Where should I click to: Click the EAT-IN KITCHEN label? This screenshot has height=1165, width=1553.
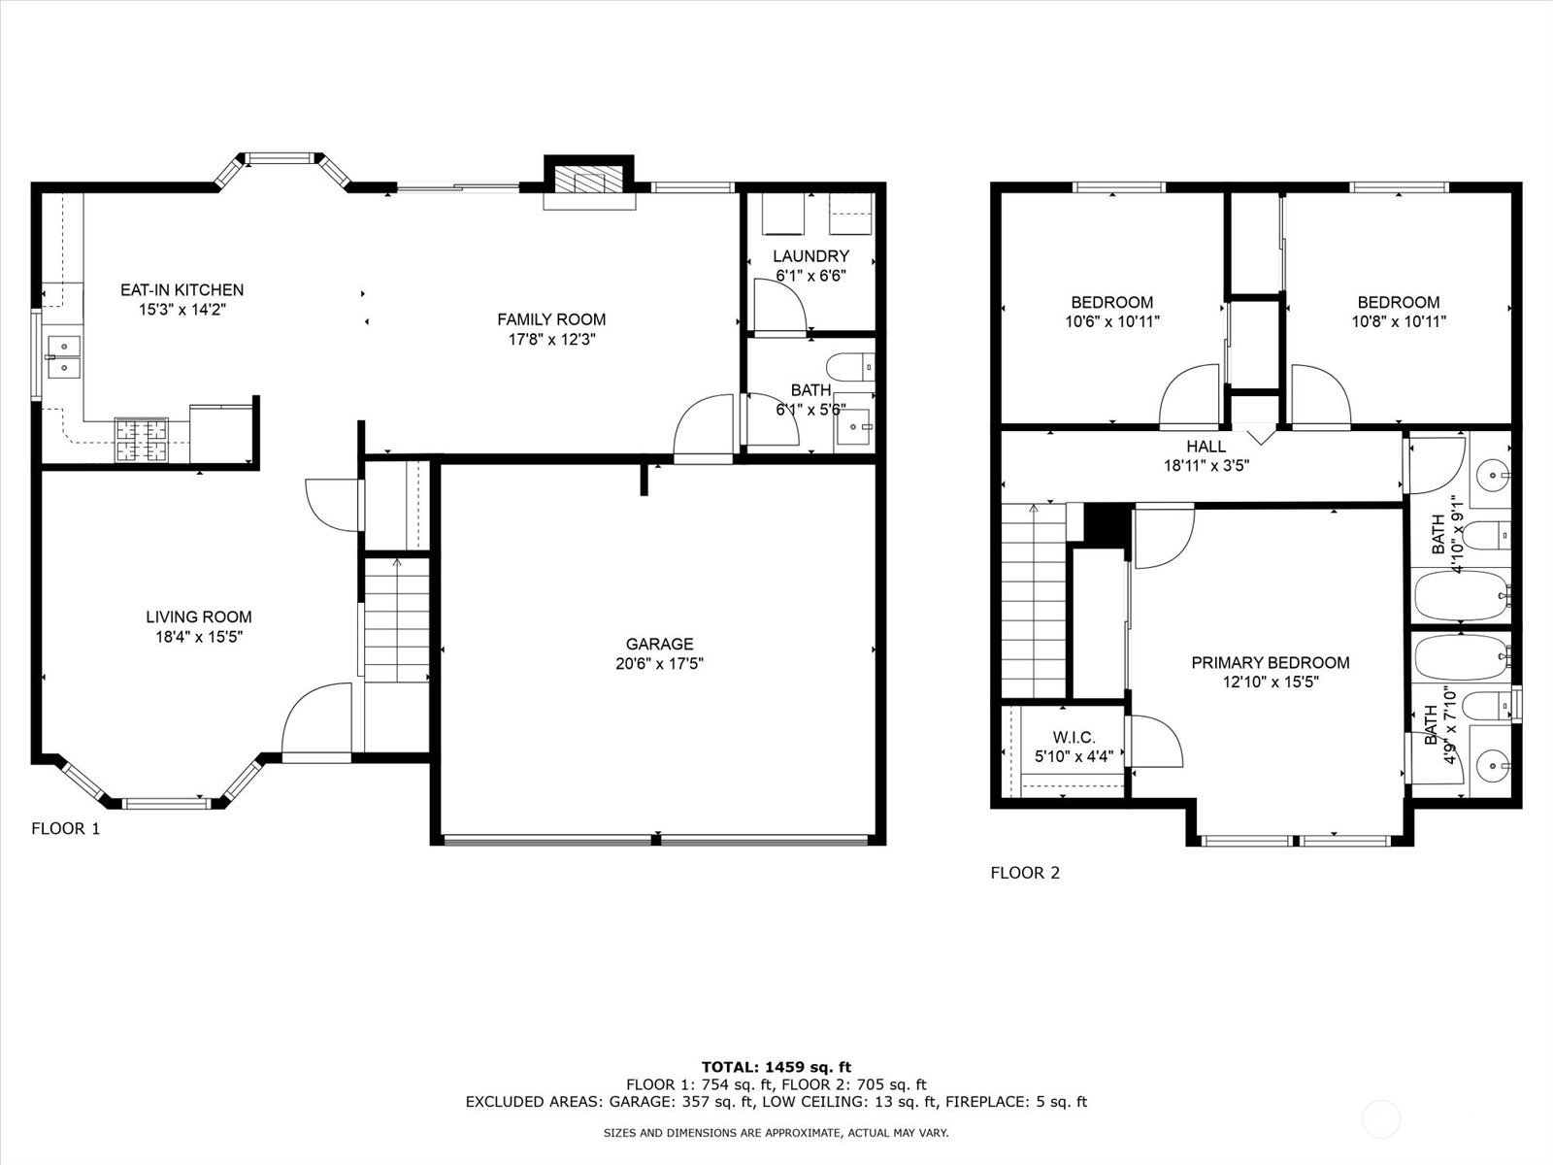[x=182, y=290]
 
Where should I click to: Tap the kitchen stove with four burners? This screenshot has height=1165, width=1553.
[x=142, y=440]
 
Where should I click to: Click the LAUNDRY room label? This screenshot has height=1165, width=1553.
[x=810, y=256]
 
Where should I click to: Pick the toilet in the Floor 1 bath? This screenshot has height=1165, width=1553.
[x=850, y=368]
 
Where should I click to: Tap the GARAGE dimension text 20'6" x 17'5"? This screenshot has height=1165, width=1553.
[x=659, y=663]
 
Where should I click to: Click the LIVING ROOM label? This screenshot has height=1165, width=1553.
[x=199, y=616]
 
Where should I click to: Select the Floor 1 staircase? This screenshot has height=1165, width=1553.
[x=396, y=620]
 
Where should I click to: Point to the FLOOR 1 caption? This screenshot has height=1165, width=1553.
[x=66, y=828]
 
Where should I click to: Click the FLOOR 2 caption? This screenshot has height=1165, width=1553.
[x=1025, y=873]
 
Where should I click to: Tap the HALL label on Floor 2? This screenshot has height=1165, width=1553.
[x=1206, y=447]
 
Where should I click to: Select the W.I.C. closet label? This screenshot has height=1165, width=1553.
[x=1074, y=738]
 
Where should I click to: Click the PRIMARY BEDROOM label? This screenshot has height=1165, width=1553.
[x=1270, y=663]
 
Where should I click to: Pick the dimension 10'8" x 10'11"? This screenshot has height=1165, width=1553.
[x=1398, y=322]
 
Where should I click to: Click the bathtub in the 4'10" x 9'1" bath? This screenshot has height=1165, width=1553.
[x=1462, y=595]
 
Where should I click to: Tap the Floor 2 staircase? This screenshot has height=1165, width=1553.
[x=1034, y=601]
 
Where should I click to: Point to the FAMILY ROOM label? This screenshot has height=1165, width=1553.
[x=551, y=319]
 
